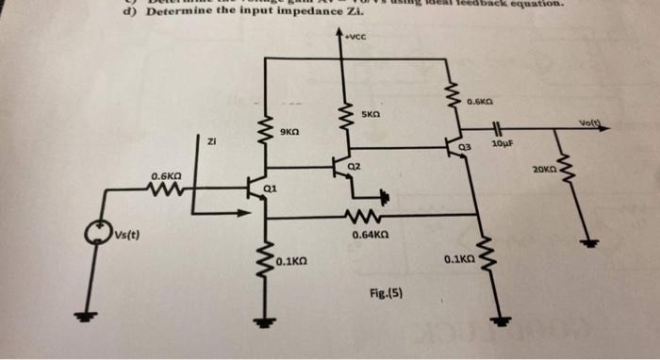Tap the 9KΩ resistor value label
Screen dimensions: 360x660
click(x=290, y=133)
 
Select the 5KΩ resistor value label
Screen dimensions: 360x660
click(x=372, y=115)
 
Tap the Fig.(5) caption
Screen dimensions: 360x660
click(x=388, y=292)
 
